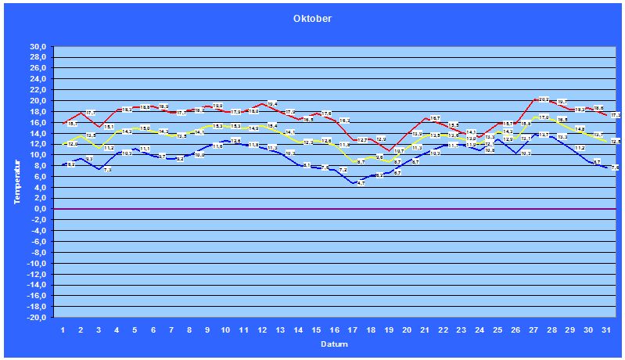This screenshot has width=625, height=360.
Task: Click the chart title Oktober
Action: (313, 19)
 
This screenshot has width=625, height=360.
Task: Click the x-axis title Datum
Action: (335, 344)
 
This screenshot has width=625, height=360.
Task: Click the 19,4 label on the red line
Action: (272, 104)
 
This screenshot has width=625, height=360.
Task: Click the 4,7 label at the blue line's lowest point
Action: (361, 183)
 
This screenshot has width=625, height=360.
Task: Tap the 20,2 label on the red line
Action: (544, 99)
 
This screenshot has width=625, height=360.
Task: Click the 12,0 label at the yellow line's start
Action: (72, 144)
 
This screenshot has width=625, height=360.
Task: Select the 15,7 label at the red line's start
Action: (72, 124)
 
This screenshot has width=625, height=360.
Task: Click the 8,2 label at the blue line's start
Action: (72, 164)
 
